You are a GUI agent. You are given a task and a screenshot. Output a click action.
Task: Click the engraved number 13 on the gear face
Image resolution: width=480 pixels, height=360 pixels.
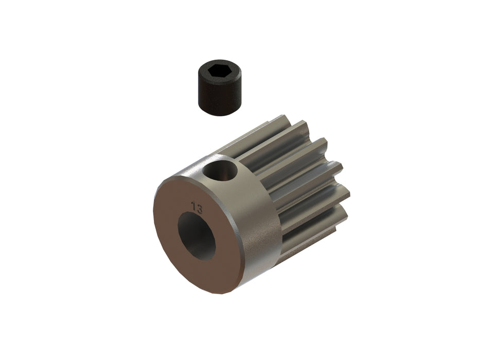click(196, 207)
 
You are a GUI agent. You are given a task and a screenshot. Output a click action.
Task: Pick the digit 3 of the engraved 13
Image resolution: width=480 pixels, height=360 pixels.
click(199, 208)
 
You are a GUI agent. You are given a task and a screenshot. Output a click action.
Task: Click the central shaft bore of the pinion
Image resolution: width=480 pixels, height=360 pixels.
click(197, 236)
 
